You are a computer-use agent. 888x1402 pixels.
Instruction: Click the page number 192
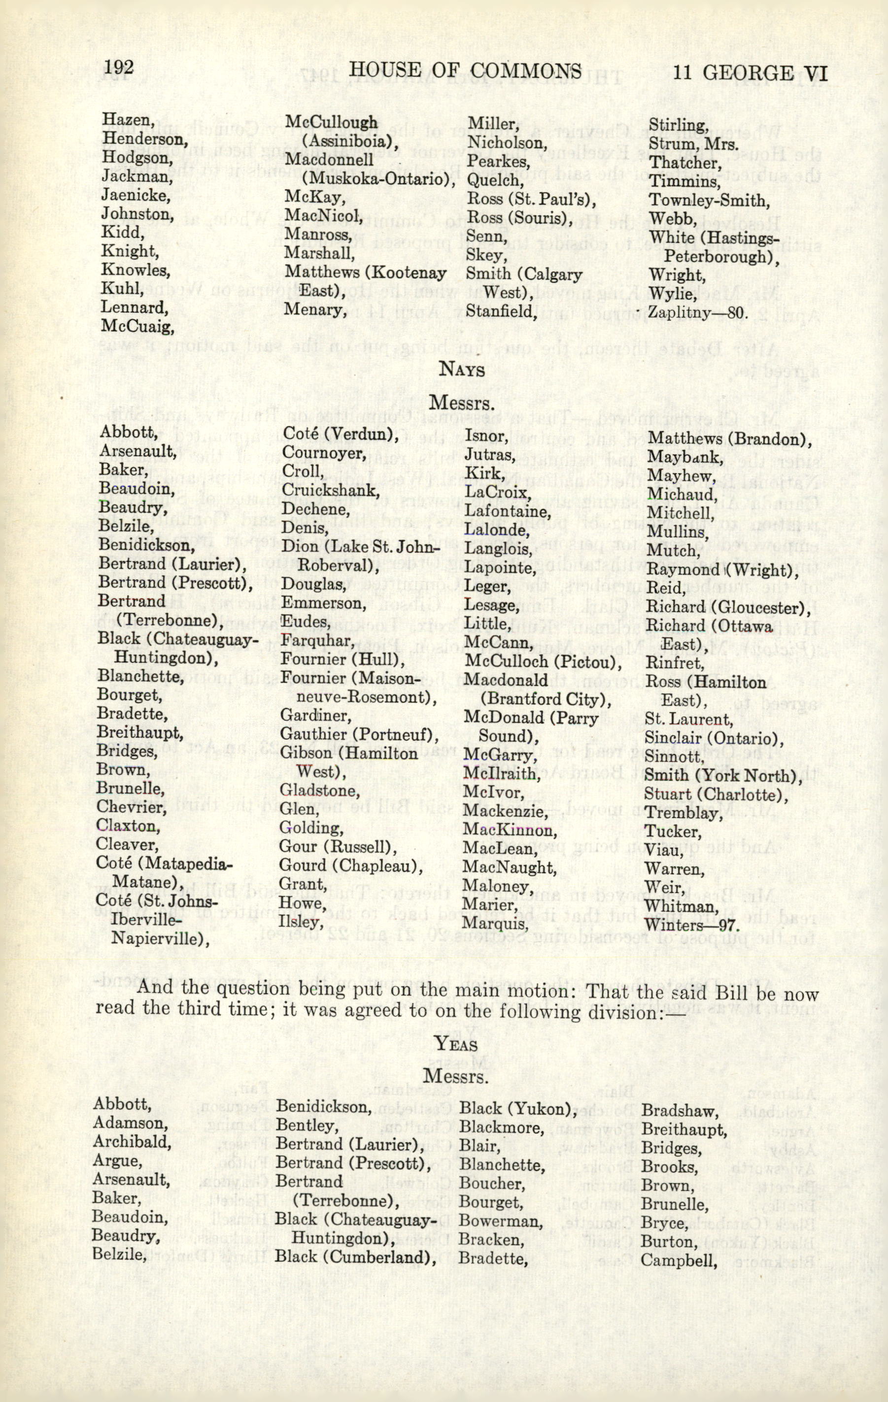[118, 68]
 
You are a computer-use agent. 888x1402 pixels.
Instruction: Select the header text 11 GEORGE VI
[750, 73]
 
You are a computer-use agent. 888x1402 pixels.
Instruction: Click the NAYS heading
[461, 369]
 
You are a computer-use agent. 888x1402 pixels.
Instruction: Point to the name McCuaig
[137, 326]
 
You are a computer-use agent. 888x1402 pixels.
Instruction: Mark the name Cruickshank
[330, 490]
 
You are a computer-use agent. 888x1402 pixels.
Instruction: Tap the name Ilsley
[301, 922]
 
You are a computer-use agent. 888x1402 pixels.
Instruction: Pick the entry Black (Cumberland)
[356, 1241]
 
